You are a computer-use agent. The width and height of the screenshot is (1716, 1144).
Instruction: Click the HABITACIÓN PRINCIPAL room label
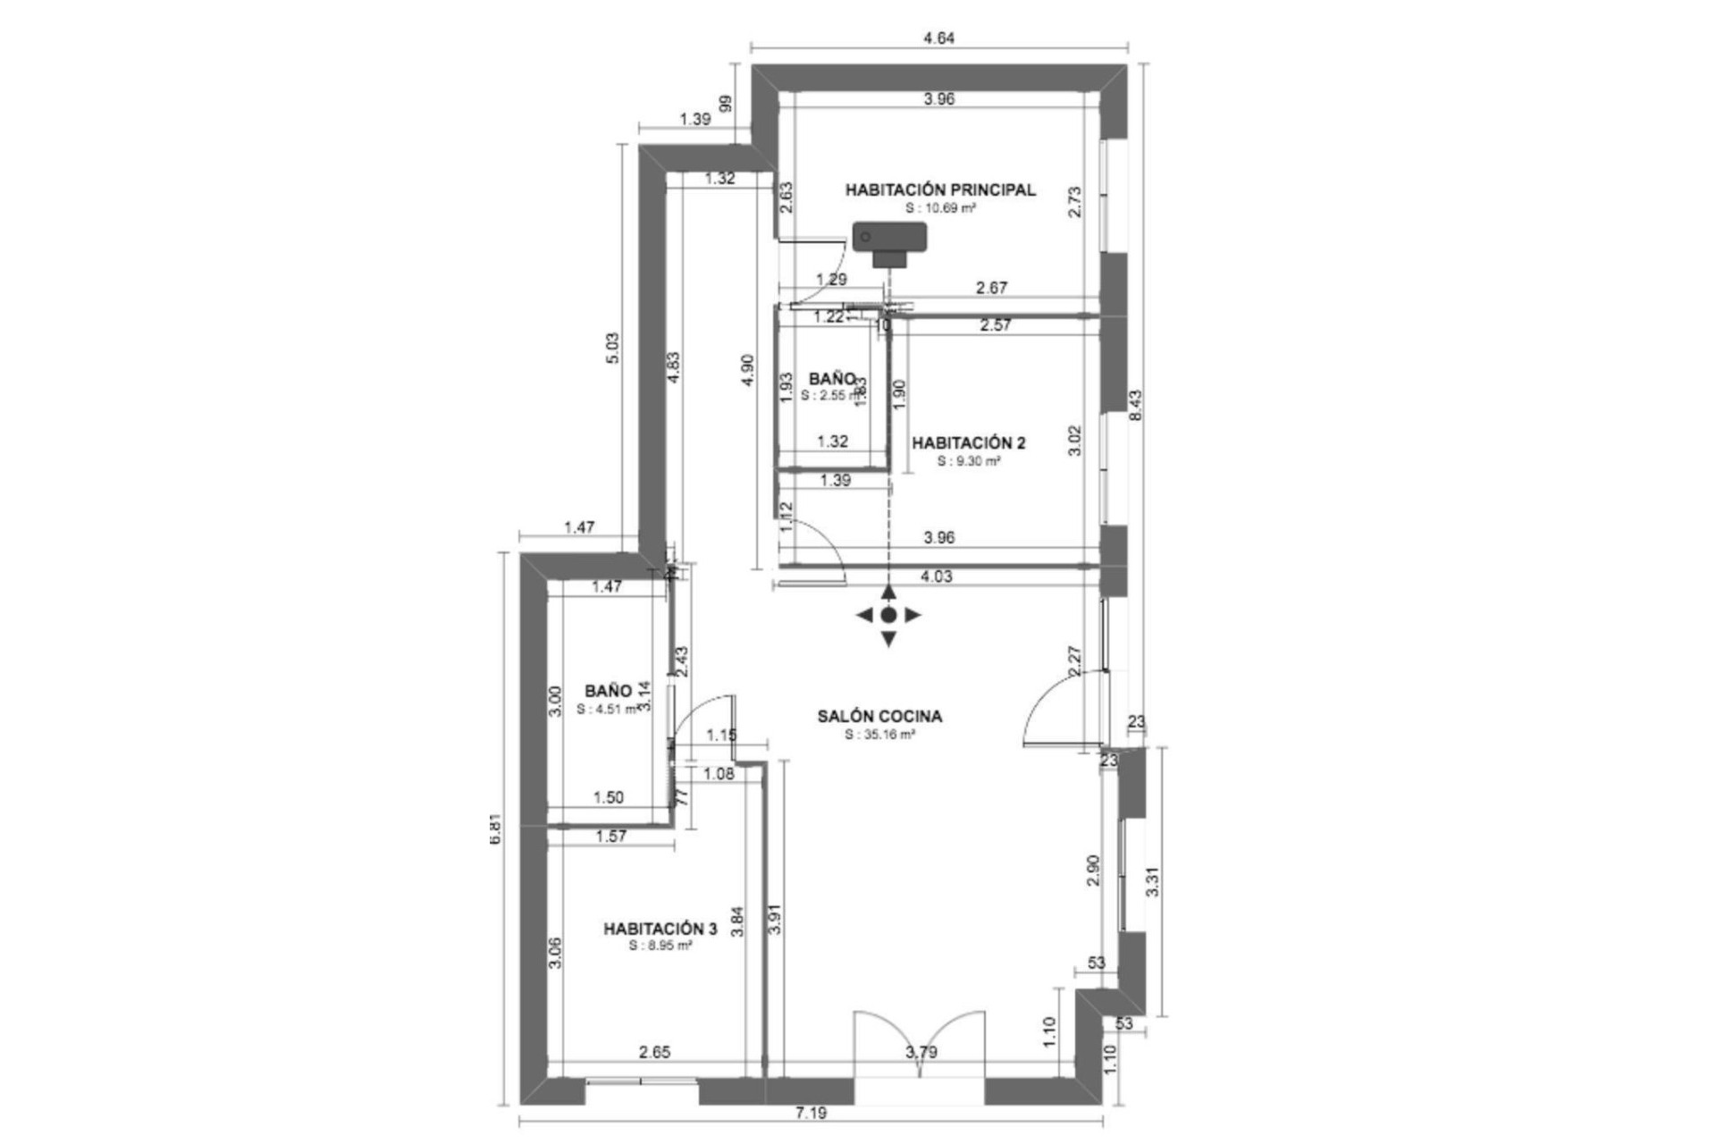[x=940, y=189]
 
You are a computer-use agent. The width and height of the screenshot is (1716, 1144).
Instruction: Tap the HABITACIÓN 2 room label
[x=968, y=443]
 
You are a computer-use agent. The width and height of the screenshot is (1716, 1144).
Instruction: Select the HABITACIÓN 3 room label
[x=660, y=929]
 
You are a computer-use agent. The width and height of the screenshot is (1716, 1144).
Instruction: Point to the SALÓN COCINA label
[x=879, y=716]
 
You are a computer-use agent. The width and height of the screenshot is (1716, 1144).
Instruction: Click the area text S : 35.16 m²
[x=879, y=735]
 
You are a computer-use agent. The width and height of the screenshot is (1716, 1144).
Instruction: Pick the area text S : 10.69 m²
[x=940, y=207]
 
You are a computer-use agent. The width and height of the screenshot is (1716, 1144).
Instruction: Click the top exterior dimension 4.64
[x=938, y=38]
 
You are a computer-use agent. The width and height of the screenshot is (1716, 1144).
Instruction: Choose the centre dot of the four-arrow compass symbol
[x=888, y=615]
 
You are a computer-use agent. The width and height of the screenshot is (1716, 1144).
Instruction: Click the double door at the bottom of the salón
[x=920, y=1046]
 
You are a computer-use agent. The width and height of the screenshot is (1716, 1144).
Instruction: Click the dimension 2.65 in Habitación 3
[x=654, y=1053]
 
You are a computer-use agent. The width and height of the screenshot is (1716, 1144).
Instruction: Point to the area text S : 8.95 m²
[x=660, y=946]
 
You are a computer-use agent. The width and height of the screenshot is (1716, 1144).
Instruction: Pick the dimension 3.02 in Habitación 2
[x=1075, y=441]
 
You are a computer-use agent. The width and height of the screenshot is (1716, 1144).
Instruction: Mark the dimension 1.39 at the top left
[x=695, y=119]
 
